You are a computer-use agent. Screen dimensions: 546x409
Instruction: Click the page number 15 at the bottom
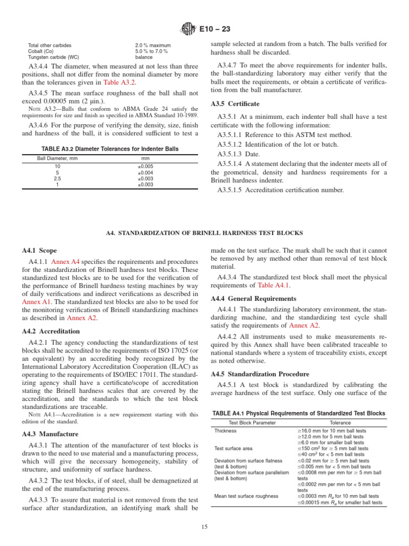click(204, 528)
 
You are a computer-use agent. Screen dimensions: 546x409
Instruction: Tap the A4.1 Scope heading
click(39, 251)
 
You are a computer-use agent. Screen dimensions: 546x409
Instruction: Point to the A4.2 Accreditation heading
click(51, 331)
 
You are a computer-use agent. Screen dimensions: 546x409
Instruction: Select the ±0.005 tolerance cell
click(145, 166)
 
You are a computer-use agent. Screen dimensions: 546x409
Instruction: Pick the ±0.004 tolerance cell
click(145, 173)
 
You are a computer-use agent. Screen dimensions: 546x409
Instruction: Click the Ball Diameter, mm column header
click(58, 158)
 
